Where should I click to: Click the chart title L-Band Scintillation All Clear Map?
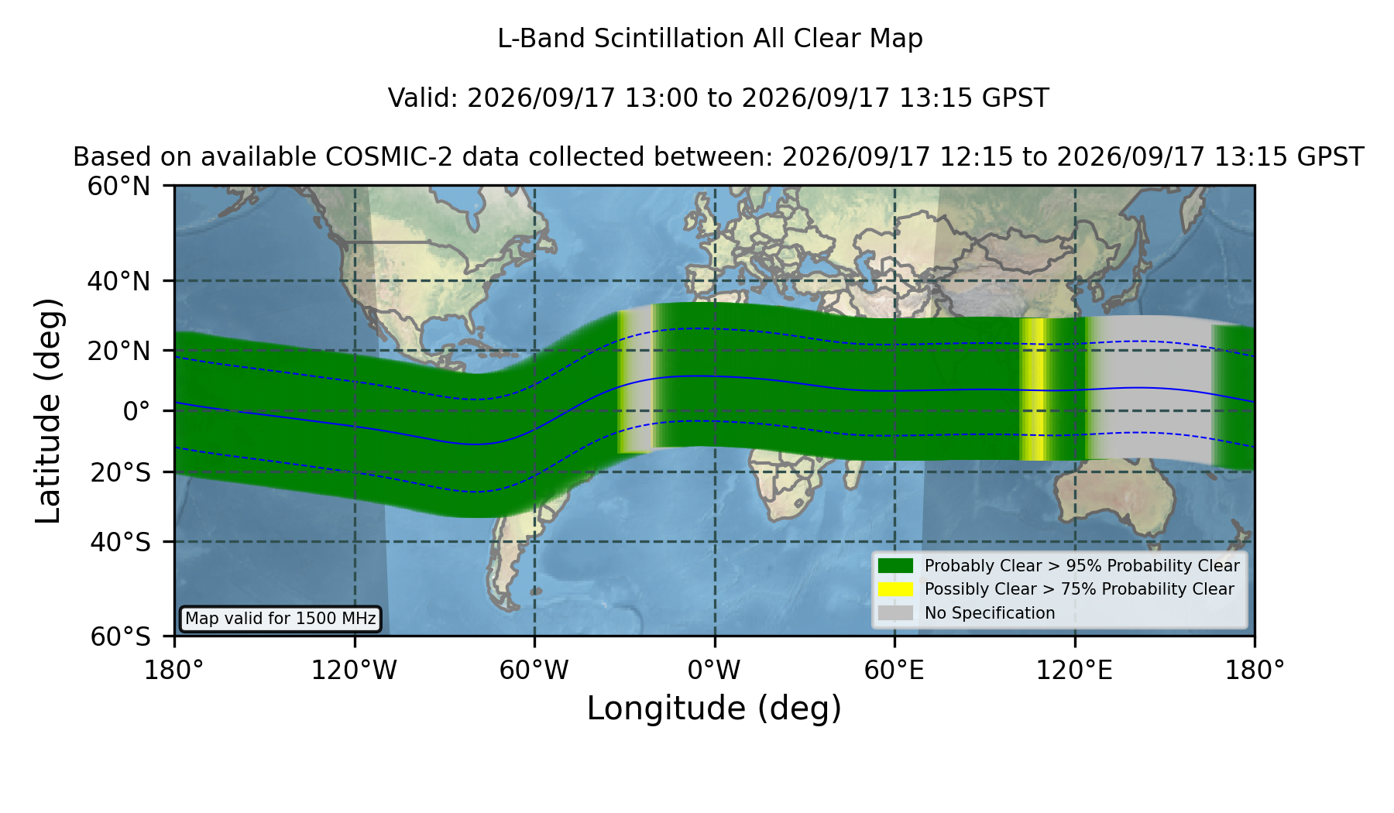tap(709, 39)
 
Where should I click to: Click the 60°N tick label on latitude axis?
tap(118, 187)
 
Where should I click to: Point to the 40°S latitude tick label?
tap(120, 542)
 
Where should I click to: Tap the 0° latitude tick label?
tap(136, 411)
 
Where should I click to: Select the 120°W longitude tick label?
tap(354, 670)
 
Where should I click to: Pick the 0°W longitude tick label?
tap(714, 670)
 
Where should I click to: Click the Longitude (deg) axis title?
tap(714, 708)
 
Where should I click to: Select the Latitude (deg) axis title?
tap(48, 410)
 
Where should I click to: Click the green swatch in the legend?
tap(895, 566)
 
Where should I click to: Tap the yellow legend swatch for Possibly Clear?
tap(895, 589)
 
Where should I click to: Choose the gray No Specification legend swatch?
tap(895, 613)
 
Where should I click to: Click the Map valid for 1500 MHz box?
tap(280, 619)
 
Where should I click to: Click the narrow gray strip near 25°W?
tap(638, 379)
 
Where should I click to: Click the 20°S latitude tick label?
tap(120, 472)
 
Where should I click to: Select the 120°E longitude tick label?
tap(1074, 670)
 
